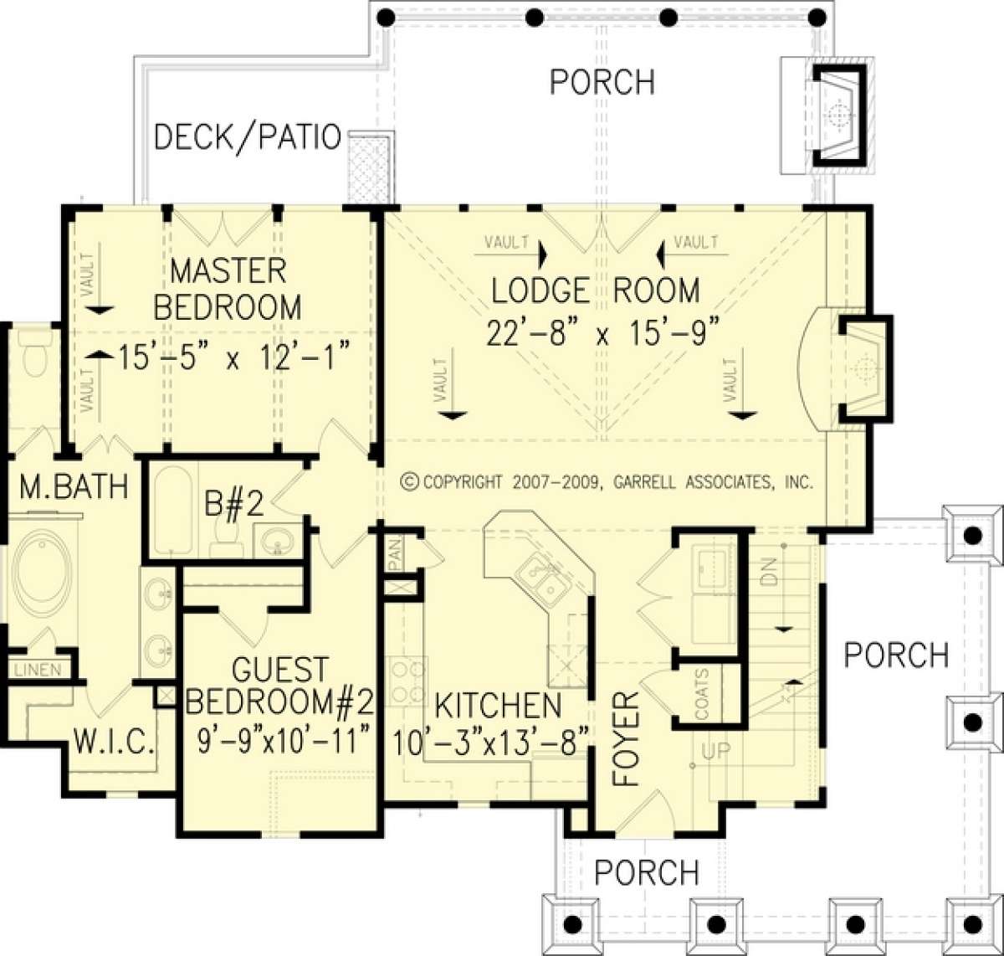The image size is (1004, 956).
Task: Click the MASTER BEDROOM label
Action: click(x=228, y=289)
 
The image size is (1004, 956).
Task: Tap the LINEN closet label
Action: click(x=38, y=670)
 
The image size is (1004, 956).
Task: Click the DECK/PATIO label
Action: click(x=247, y=137)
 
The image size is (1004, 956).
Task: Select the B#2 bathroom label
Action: click(x=234, y=504)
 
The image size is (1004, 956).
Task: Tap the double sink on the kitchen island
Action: click(x=540, y=579)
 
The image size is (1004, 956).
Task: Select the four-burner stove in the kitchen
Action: click(x=407, y=681)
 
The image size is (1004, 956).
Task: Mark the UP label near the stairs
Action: click(x=715, y=751)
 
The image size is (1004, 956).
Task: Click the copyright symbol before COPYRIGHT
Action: click(x=409, y=481)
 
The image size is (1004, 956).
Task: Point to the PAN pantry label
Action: click(x=395, y=554)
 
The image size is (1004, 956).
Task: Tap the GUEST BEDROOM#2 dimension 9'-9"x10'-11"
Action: click(x=284, y=742)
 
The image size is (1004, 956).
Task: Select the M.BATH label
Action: click(x=74, y=486)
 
